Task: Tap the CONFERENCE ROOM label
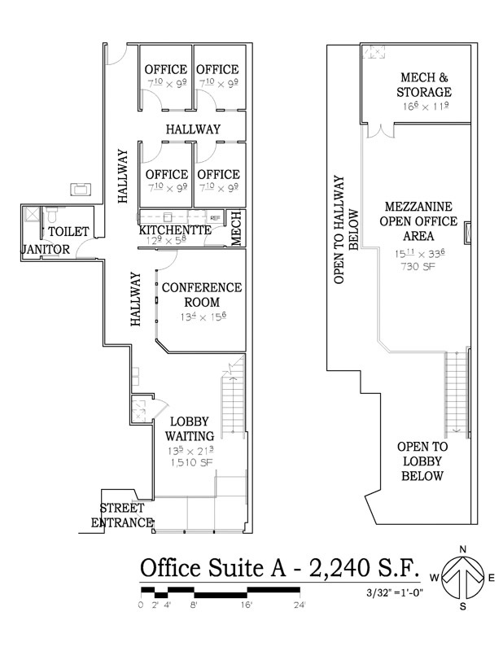tap(201, 295)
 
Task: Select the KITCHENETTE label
tap(175, 230)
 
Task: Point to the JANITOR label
tap(46, 249)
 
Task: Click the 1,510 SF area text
tap(191, 462)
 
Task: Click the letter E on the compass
tap(492, 578)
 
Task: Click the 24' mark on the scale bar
tap(300, 605)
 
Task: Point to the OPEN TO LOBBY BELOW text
tap(422, 461)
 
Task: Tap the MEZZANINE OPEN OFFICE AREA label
tap(414, 221)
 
